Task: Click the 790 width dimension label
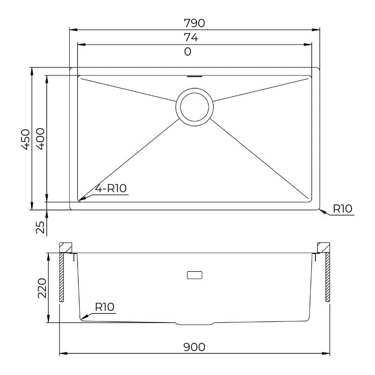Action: [x=194, y=23]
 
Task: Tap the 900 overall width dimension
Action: [x=194, y=347]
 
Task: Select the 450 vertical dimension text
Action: [x=26, y=139]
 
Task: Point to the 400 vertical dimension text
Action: [x=40, y=139]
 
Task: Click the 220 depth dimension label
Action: [x=42, y=288]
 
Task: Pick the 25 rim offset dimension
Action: [x=40, y=227]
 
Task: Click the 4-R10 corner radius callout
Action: [x=111, y=188]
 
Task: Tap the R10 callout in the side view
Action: [x=105, y=307]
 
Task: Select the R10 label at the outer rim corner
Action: [x=343, y=209]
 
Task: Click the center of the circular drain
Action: [x=195, y=107]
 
